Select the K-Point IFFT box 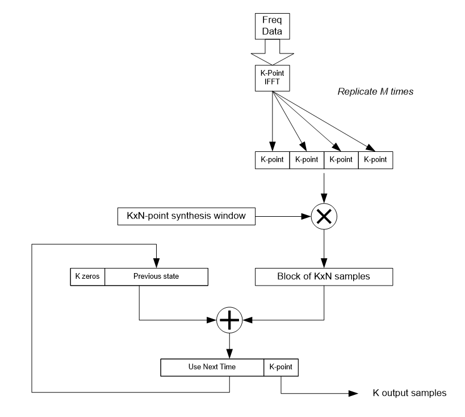pos(273,79)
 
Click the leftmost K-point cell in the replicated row pos(273,160)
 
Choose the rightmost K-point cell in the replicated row pos(375,160)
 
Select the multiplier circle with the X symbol pos(324,217)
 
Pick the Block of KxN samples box pos(324,277)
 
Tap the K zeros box pos(86,276)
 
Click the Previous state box pos(156,276)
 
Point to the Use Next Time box pos(212,367)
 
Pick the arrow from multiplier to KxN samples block pos(324,247)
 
